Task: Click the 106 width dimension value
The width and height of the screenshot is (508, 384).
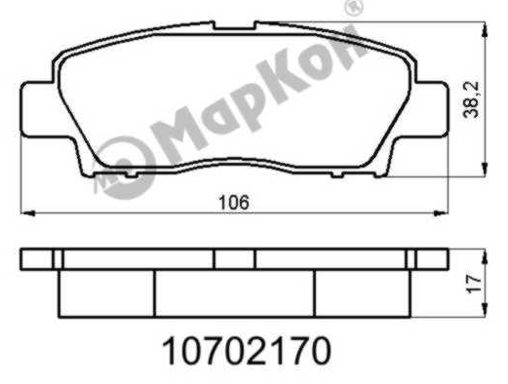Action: click(234, 202)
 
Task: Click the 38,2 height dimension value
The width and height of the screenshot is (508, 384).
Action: click(471, 99)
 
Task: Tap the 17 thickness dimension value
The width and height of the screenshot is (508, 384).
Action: click(473, 283)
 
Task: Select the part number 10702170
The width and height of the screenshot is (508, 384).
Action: click(247, 351)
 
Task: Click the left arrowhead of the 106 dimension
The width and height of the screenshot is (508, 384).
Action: click(27, 213)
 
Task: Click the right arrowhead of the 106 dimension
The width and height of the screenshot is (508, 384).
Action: click(441, 213)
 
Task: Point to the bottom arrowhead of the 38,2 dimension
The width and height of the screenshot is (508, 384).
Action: click(485, 170)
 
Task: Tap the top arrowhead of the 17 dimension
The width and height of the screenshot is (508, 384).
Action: click(485, 256)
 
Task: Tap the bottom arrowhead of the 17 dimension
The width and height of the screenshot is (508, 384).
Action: click(485, 309)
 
